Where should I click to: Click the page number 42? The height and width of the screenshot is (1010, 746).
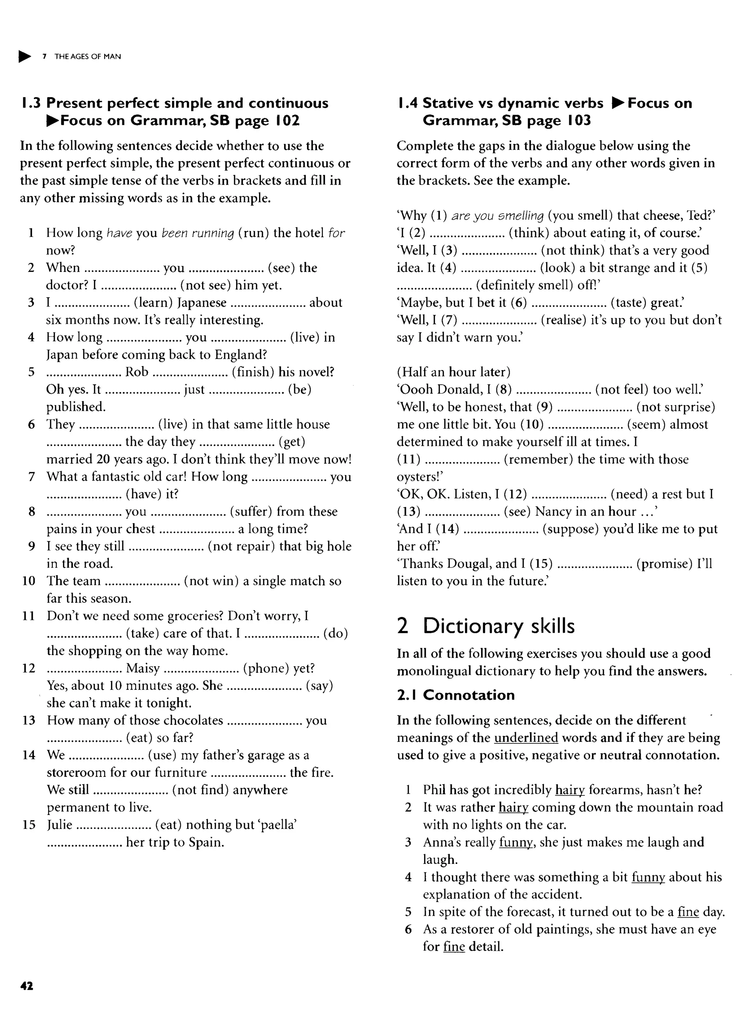tap(27, 986)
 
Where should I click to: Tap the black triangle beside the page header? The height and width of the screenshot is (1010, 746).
tap(25, 56)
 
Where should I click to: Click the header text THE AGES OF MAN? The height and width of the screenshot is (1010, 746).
tap(88, 56)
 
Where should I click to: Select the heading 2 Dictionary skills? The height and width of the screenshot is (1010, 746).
tap(486, 626)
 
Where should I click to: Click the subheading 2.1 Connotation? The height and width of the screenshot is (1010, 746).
tap(456, 695)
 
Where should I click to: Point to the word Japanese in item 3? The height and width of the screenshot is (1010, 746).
tap(201, 303)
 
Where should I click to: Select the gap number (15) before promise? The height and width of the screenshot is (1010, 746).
tap(541, 563)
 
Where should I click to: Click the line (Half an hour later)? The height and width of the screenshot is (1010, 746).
tap(454, 372)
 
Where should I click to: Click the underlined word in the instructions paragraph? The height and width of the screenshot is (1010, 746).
tap(526, 738)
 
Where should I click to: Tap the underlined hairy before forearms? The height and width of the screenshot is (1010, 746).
tap(570, 790)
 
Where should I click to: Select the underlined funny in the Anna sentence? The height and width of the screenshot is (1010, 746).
tap(516, 842)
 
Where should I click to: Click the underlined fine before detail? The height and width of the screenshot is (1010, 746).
tap(454, 947)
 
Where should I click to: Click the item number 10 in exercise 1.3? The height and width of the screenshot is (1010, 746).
tap(28, 581)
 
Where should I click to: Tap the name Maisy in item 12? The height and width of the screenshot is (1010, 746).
tap(143, 668)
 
